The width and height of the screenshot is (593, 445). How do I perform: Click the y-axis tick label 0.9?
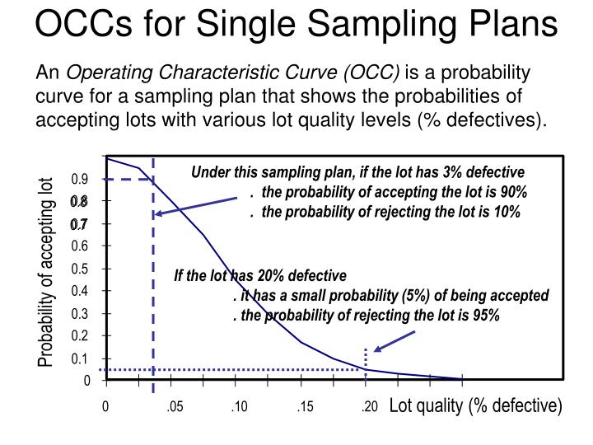tap(80, 179)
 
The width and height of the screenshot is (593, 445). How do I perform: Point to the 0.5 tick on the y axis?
tap(80, 269)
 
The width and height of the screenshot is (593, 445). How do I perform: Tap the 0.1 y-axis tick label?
tap(80, 358)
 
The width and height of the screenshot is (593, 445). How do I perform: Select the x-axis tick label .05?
tap(174, 406)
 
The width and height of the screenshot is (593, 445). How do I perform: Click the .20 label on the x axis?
tap(367, 406)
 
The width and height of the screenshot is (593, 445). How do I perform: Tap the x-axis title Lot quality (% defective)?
tap(475, 405)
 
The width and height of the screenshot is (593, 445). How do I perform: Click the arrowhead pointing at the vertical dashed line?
tap(158, 214)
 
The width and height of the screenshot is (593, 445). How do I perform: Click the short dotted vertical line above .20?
tap(366, 358)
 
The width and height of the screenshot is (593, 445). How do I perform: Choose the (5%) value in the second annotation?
tap(432, 296)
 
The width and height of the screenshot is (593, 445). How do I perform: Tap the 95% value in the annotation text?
tap(485, 316)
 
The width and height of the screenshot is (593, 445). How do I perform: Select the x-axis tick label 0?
tap(105, 406)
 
